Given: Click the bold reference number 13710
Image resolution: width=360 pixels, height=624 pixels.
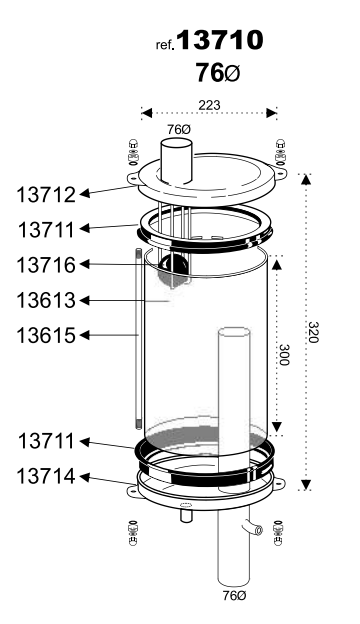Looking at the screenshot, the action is [x=220, y=40].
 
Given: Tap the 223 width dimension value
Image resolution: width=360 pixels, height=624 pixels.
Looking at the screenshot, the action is [x=209, y=105].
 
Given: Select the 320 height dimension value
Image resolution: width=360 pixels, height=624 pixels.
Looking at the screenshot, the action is [x=313, y=332].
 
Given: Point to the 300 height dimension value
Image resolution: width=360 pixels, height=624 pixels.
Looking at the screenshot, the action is [x=284, y=354].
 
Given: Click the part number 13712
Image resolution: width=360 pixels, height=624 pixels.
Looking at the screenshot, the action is [x=46, y=195].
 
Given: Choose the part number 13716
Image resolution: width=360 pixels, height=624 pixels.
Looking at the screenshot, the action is [x=46, y=265].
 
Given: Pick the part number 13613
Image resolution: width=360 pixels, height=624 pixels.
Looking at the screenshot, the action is [x=46, y=300].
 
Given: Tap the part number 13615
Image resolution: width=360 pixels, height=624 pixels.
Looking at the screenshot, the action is [x=46, y=335].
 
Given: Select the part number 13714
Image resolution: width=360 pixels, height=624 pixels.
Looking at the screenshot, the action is [x=46, y=476].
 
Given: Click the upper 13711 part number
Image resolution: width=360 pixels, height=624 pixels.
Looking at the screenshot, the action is [x=47, y=230].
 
